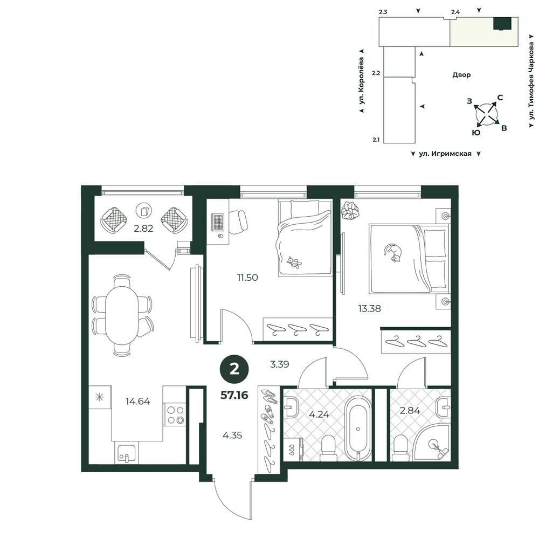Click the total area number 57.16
(234, 395)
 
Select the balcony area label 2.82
(143, 228)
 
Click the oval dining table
(122, 315)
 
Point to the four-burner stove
(175, 414)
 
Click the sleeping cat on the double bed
(392, 253)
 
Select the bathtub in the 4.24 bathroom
(358, 429)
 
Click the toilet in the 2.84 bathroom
(400, 448)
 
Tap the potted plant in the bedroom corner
(350, 210)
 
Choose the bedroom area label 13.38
(370, 309)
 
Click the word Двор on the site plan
(461, 75)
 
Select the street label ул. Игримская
(445, 154)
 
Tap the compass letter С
(500, 98)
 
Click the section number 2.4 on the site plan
(455, 12)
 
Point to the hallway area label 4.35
(232, 436)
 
